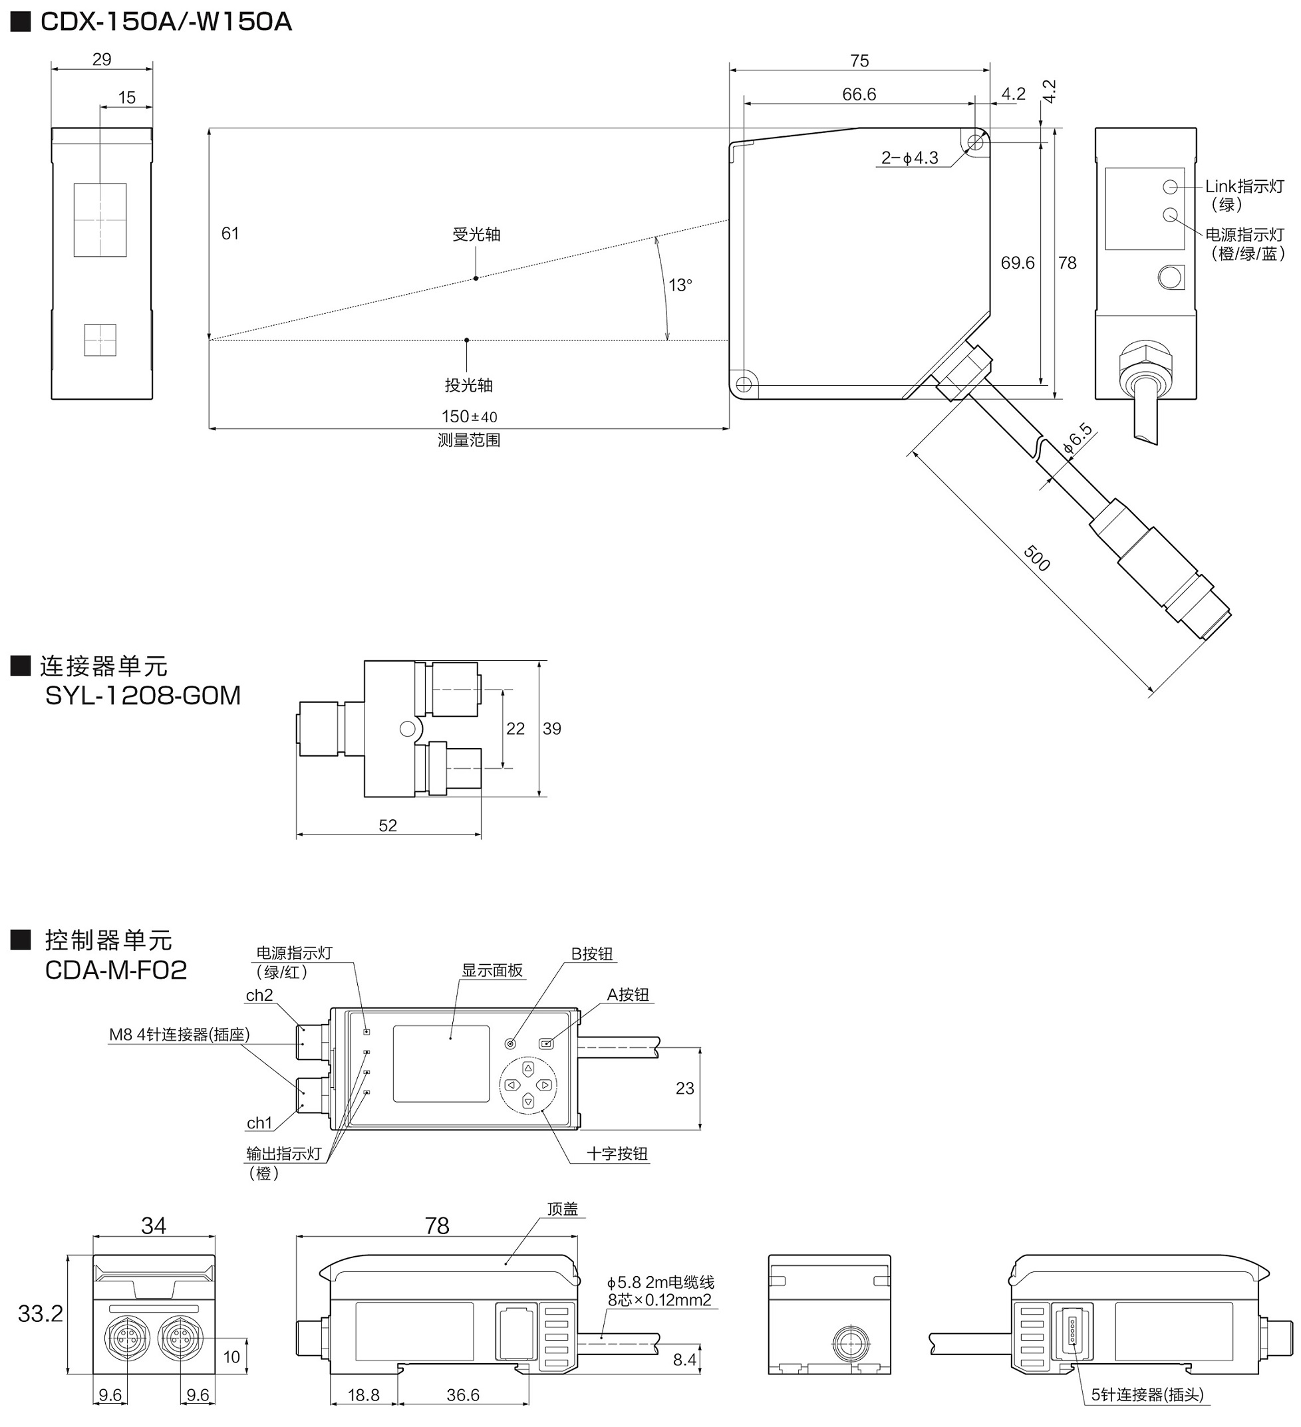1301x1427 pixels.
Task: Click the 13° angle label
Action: [680, 285]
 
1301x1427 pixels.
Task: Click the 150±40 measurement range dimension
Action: [470, 416]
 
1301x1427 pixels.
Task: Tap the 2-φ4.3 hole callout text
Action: [909, 158]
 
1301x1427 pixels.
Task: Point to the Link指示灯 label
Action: [1244, 186]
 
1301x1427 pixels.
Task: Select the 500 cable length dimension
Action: [1036, 559]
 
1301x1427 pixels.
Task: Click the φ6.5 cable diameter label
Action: [1078, 439]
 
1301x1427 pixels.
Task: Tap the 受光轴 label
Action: [476, 234]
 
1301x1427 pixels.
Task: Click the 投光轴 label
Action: [469, 385]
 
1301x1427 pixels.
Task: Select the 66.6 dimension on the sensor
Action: [859, 94]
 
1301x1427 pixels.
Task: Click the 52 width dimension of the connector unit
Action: [388, 825]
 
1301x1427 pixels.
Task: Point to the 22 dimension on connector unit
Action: [515, 728]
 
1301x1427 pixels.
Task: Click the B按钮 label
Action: [592, 954]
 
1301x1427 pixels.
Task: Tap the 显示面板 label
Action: [492, 970]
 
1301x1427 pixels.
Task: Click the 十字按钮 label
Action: [617, 1154]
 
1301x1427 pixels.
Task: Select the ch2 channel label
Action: [259, 995]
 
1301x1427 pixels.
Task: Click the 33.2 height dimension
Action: [41, 1314]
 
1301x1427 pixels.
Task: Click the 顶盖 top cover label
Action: [563, 1209]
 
